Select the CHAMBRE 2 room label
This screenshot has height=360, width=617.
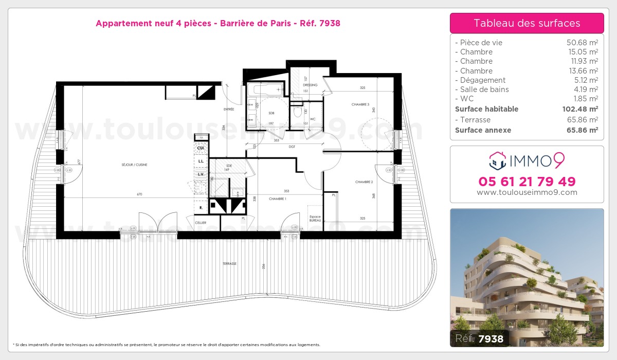(x=364, y=182)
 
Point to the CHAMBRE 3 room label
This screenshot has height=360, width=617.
(x=360, y=104)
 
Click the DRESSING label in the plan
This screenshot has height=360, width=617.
(x=310, y=85)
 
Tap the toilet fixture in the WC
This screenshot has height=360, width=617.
(x=296, y=110)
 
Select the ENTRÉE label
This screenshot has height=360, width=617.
(x=229, y=110)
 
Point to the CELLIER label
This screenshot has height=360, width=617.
(x=201, y=223)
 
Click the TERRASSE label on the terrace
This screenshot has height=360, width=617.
(x=229, y=263)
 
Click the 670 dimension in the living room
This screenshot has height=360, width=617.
(x=139, y=194)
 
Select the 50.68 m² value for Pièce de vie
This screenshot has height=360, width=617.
(x=582, y=43)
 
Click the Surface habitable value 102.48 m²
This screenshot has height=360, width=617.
(x=579, y=109)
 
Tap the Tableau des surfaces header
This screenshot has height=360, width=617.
(x=527, y=23)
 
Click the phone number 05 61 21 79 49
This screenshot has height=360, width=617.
(x=527, y=182)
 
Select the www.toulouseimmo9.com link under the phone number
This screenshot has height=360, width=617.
(x=527, y=192)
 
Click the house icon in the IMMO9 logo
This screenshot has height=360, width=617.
(x=497, y=160)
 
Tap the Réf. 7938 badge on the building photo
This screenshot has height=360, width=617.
(x=480, y=338)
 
